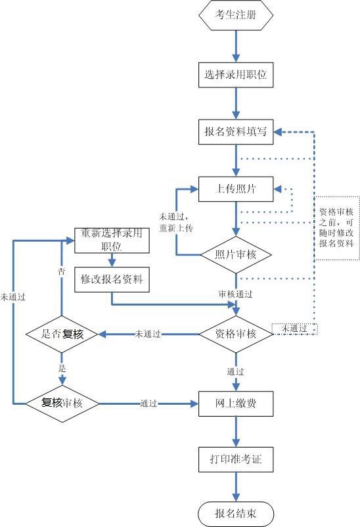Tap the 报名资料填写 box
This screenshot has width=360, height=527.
click(x=236, y=132)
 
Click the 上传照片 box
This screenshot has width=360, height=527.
click(x=236, y=189)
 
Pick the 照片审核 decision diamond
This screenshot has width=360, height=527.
click(x=236, y=255)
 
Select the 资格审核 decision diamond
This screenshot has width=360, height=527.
click(x=236, y=334)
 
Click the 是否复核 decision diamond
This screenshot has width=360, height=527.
click(x=62, y=334)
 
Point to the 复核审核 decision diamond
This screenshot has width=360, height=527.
click(x=62, y=402)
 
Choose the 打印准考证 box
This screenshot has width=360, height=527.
click(x=236, y=459)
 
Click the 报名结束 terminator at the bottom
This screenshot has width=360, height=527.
click(x=236, y=513)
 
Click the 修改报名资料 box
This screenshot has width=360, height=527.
click(x=112, y=280)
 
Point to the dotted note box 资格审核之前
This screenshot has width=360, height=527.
click(x=336, y=227)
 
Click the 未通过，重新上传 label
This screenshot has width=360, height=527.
click(x=175, y=221)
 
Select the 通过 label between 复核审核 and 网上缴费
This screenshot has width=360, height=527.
click(x=148, y=403)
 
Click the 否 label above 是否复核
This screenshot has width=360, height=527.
click(x=62, y=271)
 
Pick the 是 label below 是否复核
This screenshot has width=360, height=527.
click(x=62, y=369)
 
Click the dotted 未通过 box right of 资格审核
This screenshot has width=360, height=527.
click(x=294, y=328)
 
